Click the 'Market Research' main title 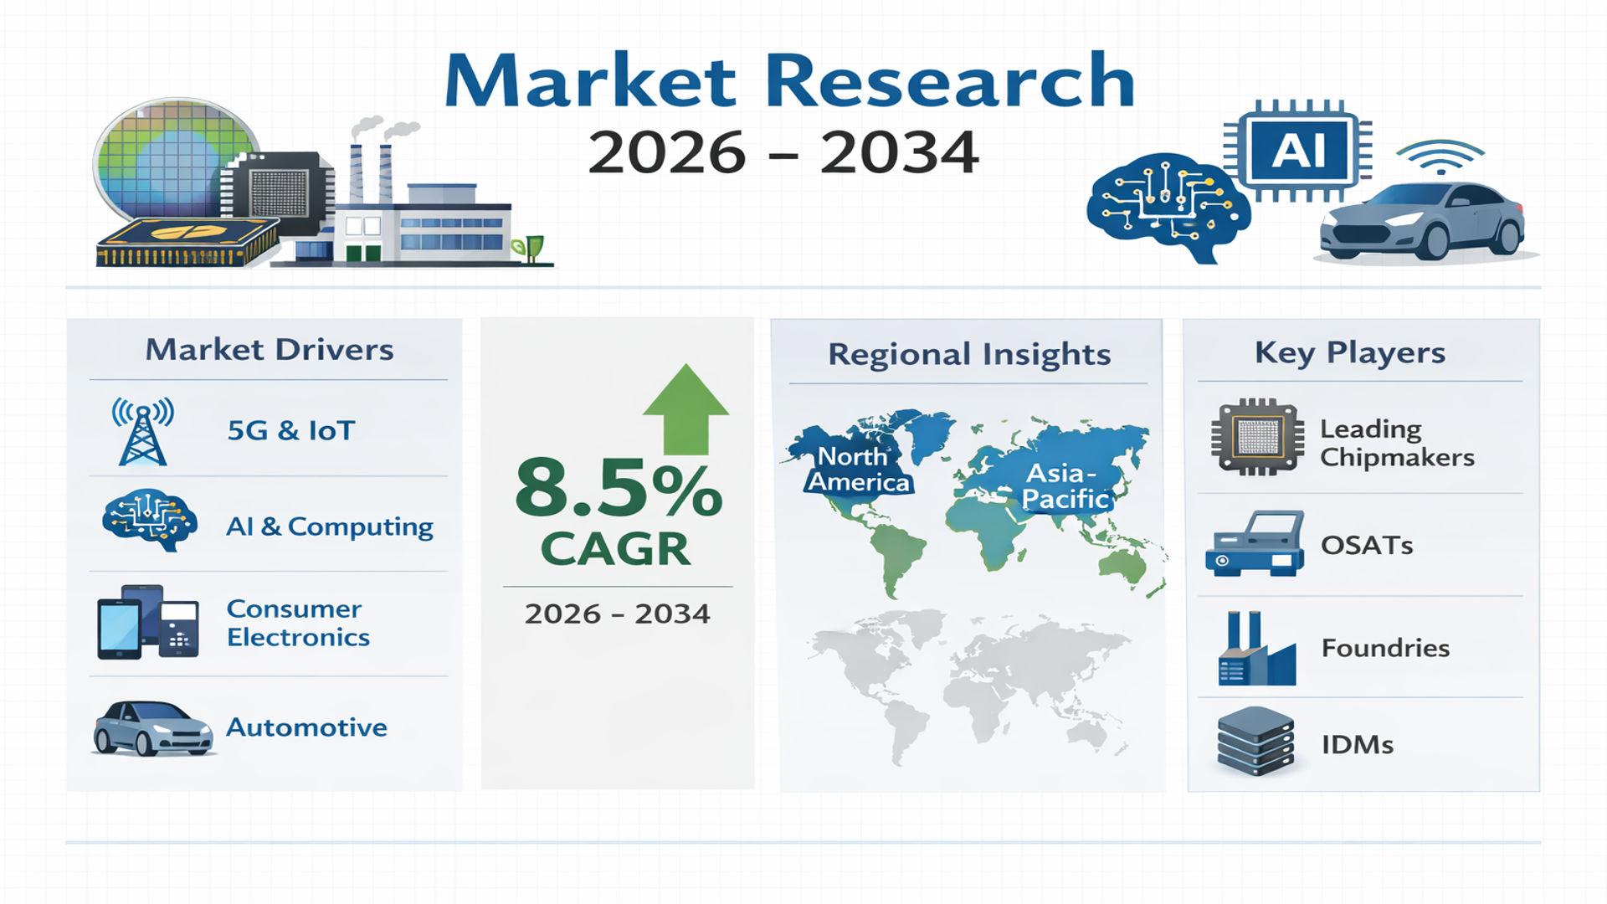coord(789,80)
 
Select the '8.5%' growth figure coord(618,488)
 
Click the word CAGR coord(615,549)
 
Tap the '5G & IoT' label coord(291,430)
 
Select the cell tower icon coord(143,431)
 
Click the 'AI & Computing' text coord(330,526)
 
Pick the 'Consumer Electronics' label coord(298,623)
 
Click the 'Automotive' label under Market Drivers coord(306,727)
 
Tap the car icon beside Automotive coord(152,727)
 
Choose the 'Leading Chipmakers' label coord(1397,443)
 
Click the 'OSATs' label coord(1367,545)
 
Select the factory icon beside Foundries coord(1256,648)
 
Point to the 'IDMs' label coord(1357,744)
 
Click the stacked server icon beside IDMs coord(1255,742)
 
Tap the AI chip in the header coord(1298,152)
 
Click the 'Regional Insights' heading coord(969,354)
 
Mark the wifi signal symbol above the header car coord(1440,157)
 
